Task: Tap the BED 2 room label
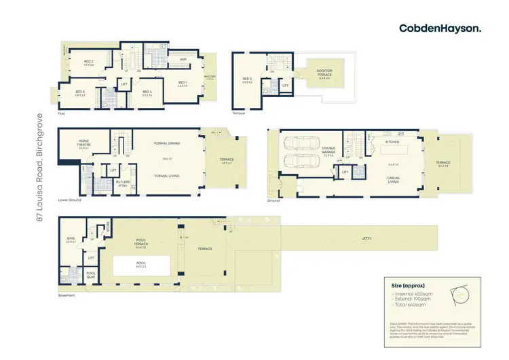(x=88, y=62)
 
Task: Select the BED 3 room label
(x=79, y=92)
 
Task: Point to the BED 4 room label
(x=146, y=92)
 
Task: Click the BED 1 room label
(x=182, y=83)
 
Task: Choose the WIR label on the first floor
(x=183, y=60)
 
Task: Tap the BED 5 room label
(x=247, y=79)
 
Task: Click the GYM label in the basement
(x=70, y=239)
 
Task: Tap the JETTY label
(x=352, y=239)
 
